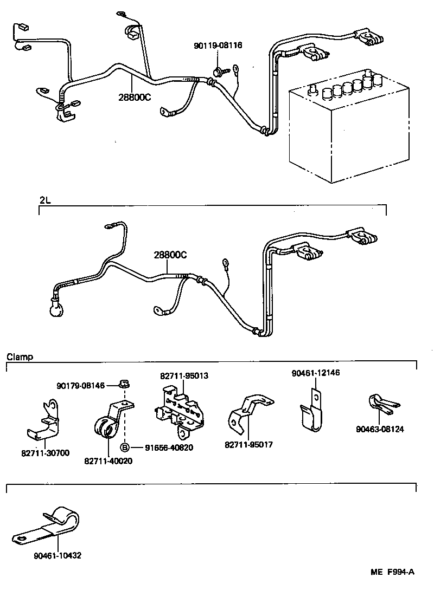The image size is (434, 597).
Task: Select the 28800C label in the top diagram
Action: pos(135,98)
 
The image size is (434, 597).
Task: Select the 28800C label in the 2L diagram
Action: pos(170,255)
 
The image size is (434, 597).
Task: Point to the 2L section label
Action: pos(45,200)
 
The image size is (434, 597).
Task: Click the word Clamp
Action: pos(20,357)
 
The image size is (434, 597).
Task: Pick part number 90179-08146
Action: pos(80,385)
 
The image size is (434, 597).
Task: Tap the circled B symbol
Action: pos(124,447)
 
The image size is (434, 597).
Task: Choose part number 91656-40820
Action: pos(168,447)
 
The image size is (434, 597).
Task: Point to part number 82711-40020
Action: pos(108,460)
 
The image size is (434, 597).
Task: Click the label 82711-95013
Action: pos(184,375)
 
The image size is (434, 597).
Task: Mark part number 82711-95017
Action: pos(248,445)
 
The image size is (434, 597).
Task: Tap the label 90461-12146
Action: pos(316,373)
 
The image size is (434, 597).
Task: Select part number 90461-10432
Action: pos(58,555)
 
